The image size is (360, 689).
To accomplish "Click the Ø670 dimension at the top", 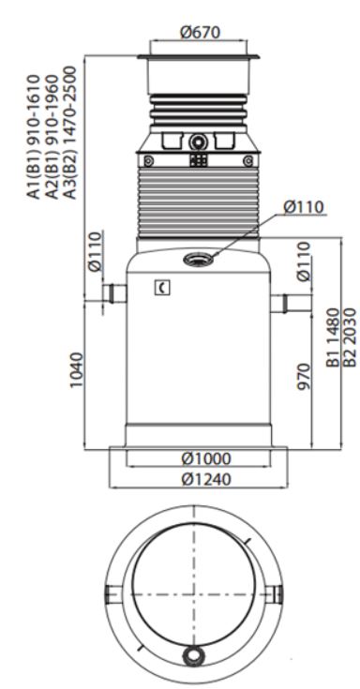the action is [x=200, y=32].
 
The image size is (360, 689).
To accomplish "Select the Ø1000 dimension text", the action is [x=205, y=458].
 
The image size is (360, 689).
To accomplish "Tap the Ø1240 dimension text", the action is [x=205, y=479].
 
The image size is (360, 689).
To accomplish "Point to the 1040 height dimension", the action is [x=76, y=369].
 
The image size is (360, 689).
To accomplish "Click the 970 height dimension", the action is [x=304, y=377].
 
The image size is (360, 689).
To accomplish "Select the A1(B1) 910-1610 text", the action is [x=35, y=137].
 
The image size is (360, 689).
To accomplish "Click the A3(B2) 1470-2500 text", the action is [x=69, y=133].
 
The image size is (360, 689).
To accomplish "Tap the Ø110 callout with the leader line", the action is [x=304, y=207].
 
